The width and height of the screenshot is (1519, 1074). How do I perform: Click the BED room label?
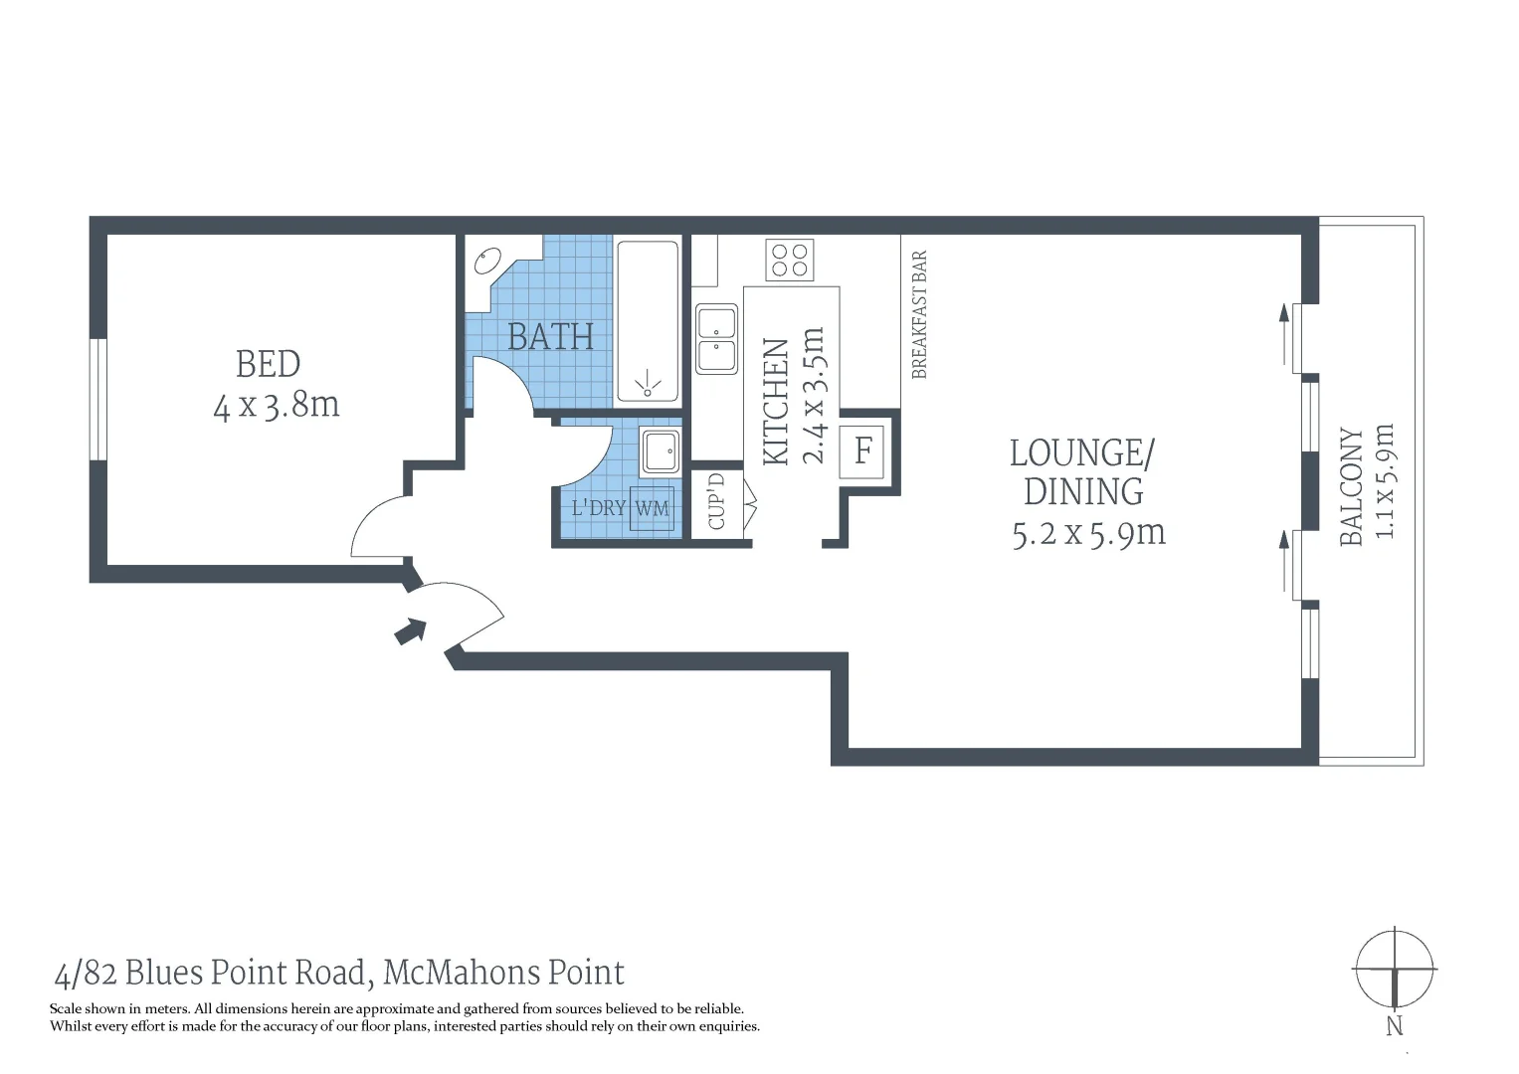(x=268, y=364)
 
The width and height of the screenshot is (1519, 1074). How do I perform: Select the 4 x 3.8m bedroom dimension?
(x=277, y=406)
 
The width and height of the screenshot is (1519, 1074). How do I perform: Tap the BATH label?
(x=550, y=337)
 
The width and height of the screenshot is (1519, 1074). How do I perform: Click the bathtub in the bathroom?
(x=647, y=319)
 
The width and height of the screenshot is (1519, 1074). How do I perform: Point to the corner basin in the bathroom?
(x=487, y=262)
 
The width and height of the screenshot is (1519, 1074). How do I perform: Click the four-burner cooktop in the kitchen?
(x=790, y=261)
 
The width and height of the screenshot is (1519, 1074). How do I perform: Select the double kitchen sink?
(x=716, y=339)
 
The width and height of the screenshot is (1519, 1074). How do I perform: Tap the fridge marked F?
(x=862, y=450)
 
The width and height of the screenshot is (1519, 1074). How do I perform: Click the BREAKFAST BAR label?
(x=919, y=314)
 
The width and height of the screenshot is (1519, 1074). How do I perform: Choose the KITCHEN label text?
(x=776, y=401)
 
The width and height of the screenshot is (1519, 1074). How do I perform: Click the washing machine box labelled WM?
(x=653, y=508)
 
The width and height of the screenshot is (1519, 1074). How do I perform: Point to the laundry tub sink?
(x=660, y=451)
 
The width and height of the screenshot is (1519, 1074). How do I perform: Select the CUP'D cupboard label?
(x=717, y=501)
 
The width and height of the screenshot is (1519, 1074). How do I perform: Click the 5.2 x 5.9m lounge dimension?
(x=1088, y=534)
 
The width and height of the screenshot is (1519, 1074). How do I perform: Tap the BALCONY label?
(x=1351, y=486)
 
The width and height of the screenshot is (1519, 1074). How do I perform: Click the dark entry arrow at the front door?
(x=410, y=630)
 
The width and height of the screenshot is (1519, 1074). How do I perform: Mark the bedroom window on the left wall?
(x=97, y=400)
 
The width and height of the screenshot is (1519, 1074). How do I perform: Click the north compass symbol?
(x=1395, y=970)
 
